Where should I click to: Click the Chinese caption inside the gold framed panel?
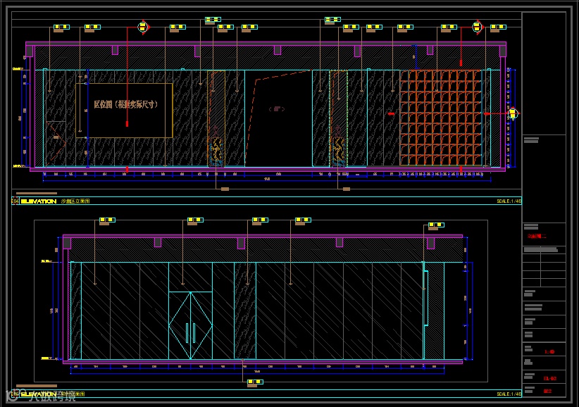[x=125, y=104]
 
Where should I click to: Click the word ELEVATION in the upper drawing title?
[x=39, y=201]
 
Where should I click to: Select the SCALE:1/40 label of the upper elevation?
[x=509, y=201]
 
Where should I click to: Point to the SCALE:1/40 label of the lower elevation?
[x=509, y=394]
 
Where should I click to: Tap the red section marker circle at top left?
[x=143, y=27]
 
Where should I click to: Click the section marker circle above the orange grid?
[x=477, y=27]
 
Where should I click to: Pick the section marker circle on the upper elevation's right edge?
[x=512, y=113]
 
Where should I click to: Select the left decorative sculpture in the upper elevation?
[x=217, y=149]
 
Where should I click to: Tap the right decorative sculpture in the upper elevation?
[x=339, y=149]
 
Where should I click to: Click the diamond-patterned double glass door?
[x=190, y=325]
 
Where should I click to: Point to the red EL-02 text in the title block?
[x=549, y=378]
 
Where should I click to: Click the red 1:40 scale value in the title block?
[x=549, y=351]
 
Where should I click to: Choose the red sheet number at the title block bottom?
[x=547, y=391]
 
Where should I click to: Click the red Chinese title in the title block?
[x=537, y=237]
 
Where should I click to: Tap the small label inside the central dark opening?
[x=276, y=109]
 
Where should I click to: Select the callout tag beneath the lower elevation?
[x=255, y=382]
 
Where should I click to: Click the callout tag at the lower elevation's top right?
[x=437, y=225]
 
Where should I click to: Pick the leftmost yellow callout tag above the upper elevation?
[x=61, y=27]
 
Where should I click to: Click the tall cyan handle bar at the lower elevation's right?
[x=426, y=298]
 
